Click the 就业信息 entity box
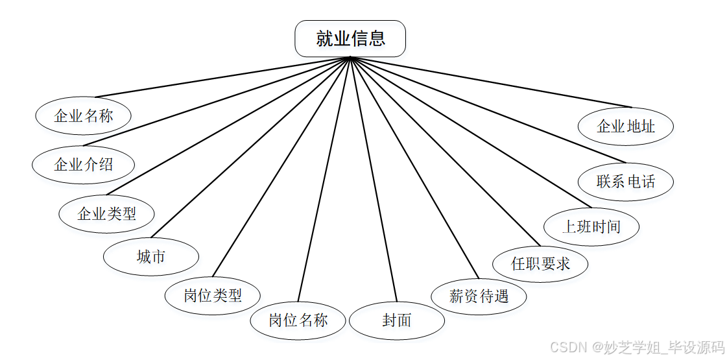(350, 39)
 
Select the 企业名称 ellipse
(84, 116)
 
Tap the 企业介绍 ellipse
(84, 164)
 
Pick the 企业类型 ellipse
(107, 213)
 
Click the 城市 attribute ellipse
(151, 257)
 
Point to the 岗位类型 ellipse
(213, 296)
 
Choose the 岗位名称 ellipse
(298, 320)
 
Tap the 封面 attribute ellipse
(397, 320)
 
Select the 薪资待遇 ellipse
(479, 296)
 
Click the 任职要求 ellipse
(541, 264)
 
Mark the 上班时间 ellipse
(591, 227)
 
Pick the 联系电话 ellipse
(626, 182)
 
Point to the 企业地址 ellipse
(626, 126)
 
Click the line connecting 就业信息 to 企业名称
(217, 77)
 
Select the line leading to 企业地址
(491, 82)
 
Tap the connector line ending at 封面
(373, 180)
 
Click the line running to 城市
(250, 147)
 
